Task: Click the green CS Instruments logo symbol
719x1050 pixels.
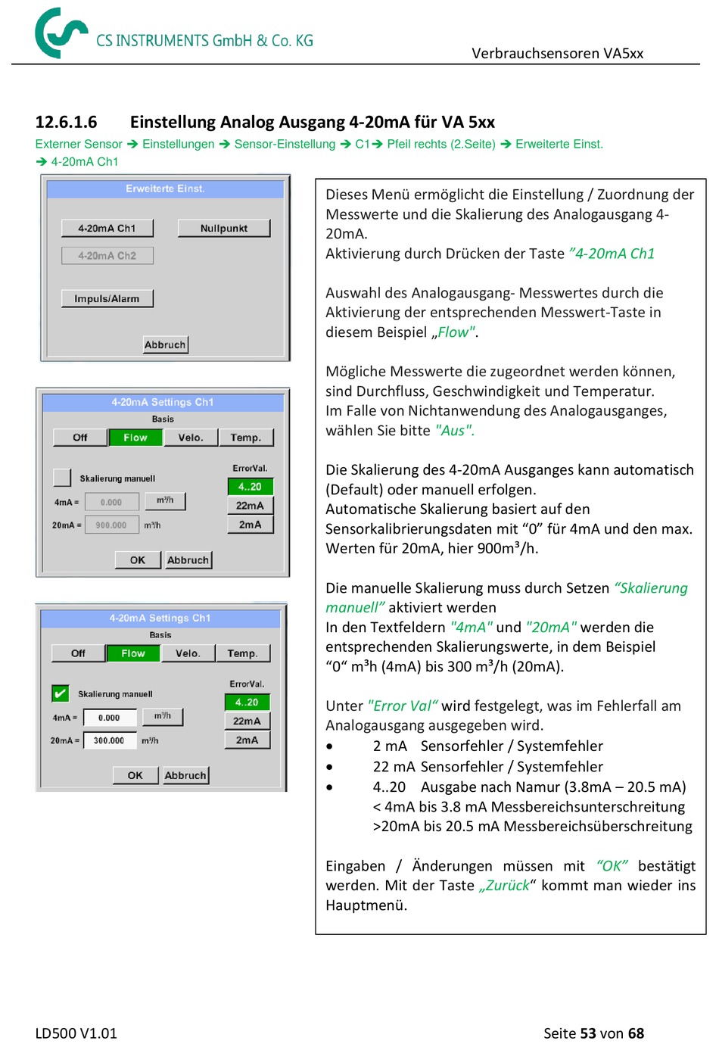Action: (x=60, y=33)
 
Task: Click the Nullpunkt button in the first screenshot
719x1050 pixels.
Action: (x=223, y=229)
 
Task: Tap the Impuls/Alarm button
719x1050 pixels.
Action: (x=107, y=298)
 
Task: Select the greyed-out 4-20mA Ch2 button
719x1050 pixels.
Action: (x=107, y=255)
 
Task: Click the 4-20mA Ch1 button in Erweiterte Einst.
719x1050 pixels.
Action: (x=107, y=229)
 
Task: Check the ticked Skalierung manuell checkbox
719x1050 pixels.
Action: (x=61, y=693)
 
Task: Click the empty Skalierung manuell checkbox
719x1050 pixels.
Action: (x=62, y=478)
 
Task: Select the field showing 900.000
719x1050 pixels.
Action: (x=111, y=525)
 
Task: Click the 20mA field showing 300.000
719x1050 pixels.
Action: (x=110, y=740)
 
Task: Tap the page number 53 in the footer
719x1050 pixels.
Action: (x=588, y=1033)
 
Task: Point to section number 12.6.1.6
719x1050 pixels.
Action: (x=66, y=123)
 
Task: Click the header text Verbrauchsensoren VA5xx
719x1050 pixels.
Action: (x=557, y=54)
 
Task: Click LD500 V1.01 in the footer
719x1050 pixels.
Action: (x=76, y=1033)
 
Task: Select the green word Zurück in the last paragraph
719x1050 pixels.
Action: (x=504, y=886)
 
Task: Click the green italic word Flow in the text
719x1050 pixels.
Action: (x=453, y=332)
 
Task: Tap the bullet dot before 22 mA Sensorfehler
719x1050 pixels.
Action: (x=329, y=768)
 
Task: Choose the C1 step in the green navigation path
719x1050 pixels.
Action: (x=363, y=144)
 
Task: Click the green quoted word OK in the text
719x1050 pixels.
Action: (x=612, y=866)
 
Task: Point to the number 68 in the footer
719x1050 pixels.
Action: (x=636, y=1033)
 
